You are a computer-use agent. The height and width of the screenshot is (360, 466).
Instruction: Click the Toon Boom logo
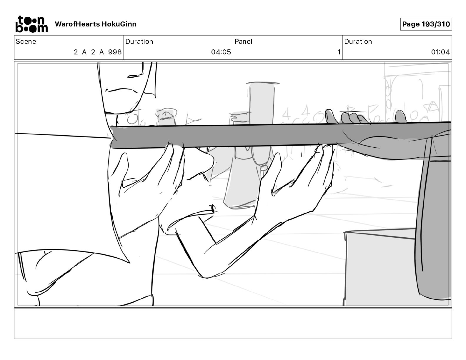[x=31, y=24]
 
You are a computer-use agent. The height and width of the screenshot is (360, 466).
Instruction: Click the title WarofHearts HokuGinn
[x=96, y=24]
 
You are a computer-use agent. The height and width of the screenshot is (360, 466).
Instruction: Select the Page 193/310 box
[x=426, y=24]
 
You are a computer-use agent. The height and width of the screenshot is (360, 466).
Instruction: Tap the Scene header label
[x=26, y=41]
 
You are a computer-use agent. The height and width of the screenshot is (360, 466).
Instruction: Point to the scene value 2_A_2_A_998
[x=98, y=52]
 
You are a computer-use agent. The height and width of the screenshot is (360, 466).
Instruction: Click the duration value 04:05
[x=221, y=52]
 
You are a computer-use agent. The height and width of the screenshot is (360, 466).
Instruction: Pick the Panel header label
[x=243, y=41]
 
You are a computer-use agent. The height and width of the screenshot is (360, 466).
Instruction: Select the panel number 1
[x=339, y=52]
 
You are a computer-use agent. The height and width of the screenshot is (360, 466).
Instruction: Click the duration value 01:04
[x=440, y=52]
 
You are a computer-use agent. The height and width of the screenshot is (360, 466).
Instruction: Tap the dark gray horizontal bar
[x=235, y=136]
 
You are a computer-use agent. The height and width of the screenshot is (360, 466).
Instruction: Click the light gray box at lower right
[x=380, y=268]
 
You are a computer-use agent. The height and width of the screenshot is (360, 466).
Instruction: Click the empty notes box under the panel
[x=233, y=324]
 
